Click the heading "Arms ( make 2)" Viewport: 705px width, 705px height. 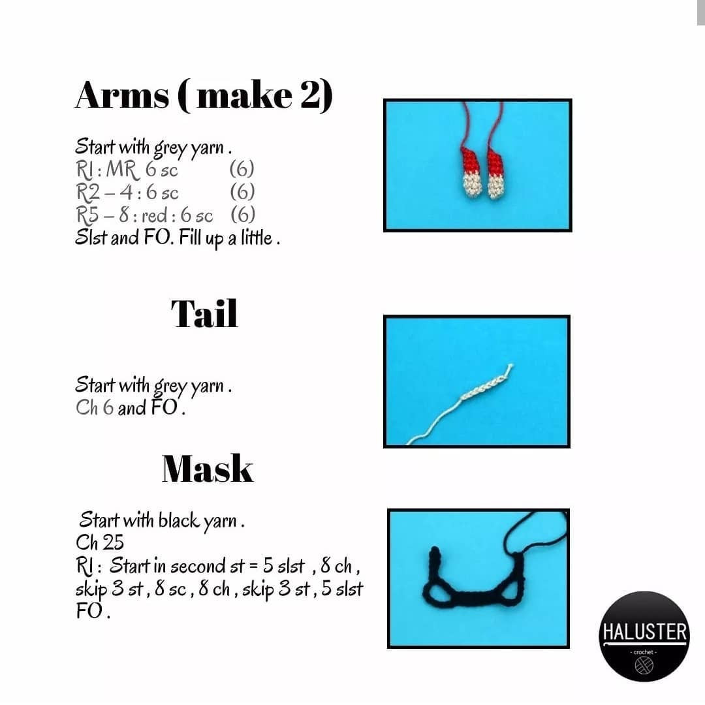204,96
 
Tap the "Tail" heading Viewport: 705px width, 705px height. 204,314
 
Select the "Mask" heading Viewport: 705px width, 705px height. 208,469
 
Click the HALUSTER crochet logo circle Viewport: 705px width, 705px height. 644,636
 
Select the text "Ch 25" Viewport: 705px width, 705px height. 99,542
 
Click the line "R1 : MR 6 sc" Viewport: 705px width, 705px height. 127,170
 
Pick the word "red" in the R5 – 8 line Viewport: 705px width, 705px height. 155,216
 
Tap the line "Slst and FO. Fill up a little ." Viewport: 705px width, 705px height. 177,238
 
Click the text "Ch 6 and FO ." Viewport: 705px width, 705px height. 131,408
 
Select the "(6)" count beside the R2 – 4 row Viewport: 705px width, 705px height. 242,192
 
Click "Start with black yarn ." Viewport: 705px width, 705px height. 162,521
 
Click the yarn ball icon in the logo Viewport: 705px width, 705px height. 644,666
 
